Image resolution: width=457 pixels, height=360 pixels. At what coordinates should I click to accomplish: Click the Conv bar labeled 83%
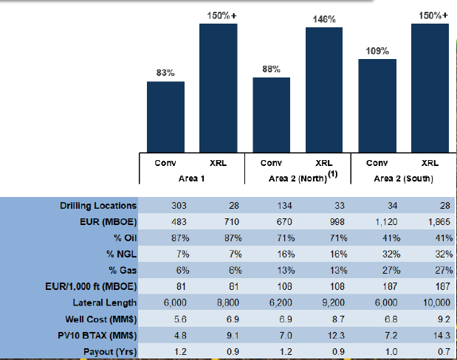coord(165,117)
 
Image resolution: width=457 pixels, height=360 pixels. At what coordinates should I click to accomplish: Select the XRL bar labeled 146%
coord(324,90)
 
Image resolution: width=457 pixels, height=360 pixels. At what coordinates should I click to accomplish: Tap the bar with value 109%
coord(377,105)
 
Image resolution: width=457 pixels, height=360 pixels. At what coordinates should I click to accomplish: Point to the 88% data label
coord(272,69)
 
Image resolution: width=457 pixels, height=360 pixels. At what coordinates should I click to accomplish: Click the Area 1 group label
coord(191,179)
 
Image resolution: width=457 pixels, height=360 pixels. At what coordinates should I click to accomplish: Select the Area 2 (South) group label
coord(403,179)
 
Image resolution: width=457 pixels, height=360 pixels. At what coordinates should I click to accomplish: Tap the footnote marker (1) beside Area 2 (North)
coord(333,174)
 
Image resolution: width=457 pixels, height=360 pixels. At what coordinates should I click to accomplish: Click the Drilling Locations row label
coord(98,206)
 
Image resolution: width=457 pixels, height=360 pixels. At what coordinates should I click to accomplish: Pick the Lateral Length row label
coord(105,302)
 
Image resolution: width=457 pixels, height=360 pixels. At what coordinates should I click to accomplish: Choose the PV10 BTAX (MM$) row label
coord(97,335)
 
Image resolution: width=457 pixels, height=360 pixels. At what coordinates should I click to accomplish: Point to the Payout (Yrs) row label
coord(110,352)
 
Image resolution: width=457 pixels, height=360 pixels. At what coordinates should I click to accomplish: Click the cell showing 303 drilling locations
coord(179,206)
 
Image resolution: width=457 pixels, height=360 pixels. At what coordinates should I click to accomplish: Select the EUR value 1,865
coord(439,222)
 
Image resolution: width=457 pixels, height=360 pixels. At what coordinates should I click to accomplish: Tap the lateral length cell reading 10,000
coord(436,303)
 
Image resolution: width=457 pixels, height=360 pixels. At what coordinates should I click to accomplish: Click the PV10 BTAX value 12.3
coord(336,335)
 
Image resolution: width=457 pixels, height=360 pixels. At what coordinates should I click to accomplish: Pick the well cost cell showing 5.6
coord(180,319)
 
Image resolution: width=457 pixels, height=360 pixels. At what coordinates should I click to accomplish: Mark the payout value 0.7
coord(444,352)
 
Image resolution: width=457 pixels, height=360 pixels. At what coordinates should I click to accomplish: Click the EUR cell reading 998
coord(337,222)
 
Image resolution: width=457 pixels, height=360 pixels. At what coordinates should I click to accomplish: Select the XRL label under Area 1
coord(218,163)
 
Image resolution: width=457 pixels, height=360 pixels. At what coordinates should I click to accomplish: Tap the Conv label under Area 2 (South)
coord(377,163)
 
